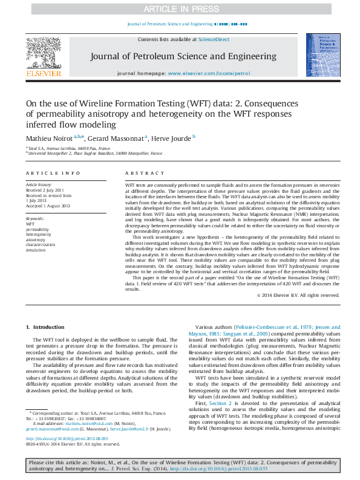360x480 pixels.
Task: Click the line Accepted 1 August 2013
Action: point(48,206)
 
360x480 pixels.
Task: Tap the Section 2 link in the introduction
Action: point(220,402)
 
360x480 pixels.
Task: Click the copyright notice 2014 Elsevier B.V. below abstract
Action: point(299,295)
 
